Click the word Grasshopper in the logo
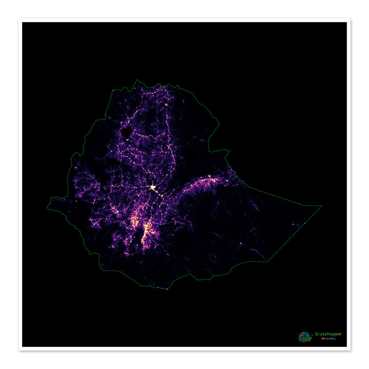click(x=328, y=334)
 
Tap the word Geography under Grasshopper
click(x=329, y=339)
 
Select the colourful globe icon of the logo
click(x=304, y=337)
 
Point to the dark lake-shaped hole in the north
click(x=126, y=134)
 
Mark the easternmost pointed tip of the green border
click(x=322, y=206)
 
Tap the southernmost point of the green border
click(x=167, y=289)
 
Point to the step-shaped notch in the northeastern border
click(x=224, y=151)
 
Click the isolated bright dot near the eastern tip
click(x=303, y=223)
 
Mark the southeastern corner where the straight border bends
click(x=268, y=261)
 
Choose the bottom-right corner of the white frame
click(x=351, y=351)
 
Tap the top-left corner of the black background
click(x=22, y=22)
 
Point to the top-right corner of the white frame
click(x=351, y=19)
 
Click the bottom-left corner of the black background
click(x=22, y=347)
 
